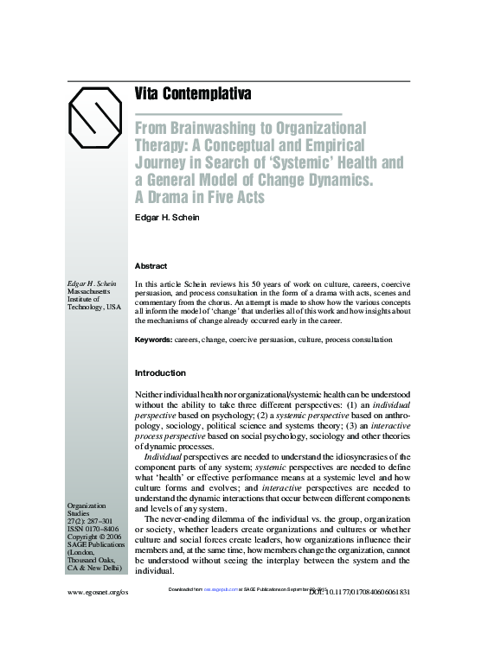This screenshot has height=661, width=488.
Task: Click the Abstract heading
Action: [x=151, y=266]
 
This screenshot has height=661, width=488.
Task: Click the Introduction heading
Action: [x=160, y=373]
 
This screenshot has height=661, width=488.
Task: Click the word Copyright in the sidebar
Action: [x=87, y=537]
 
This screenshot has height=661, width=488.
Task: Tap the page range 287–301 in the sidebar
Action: [x=103, y=521]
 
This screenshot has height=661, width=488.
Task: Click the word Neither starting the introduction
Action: [x=151, y=394]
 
